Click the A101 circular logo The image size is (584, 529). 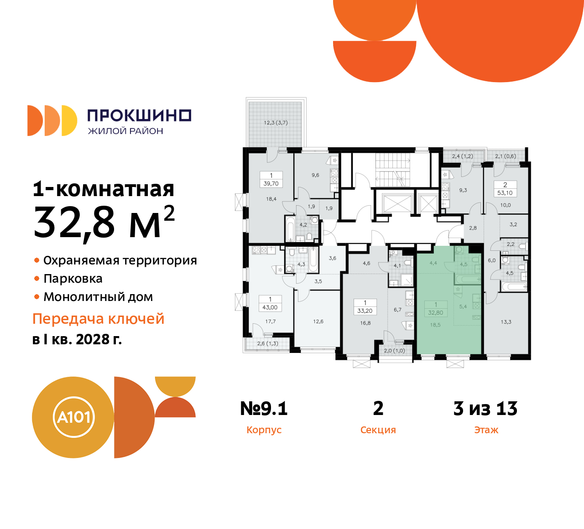coord(73,417)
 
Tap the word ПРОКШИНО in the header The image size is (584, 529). coord(139,115)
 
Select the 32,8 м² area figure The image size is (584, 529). coord(104,222)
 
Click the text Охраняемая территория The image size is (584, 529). coord(120,260)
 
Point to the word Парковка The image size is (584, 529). coord(73,279)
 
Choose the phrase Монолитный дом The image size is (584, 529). coord(98,297)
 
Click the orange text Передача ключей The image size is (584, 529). coord(98,319)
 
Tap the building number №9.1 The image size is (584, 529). coord(264,409)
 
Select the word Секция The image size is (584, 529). coord(378,430)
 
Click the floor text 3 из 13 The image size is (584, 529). coord(485,409)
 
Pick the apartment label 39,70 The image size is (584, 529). coord(271,184)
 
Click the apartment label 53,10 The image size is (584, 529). coord(505,193)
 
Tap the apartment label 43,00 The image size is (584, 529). coord(270,307)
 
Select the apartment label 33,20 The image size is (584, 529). coord(365,311)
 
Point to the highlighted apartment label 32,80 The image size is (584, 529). coord(436,313)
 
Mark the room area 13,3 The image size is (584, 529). coord(506,322)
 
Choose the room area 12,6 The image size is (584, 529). coord(318,322)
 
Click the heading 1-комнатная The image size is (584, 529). coord(104,189)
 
